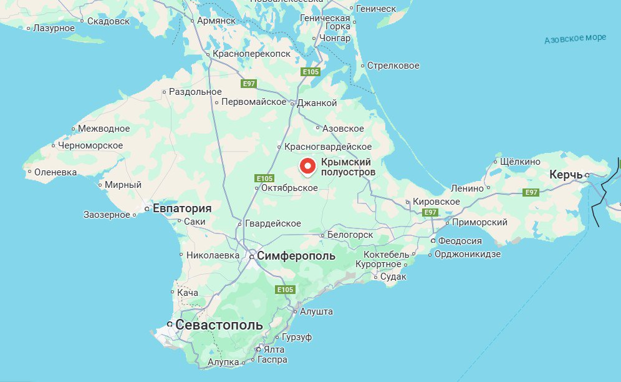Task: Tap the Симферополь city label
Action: [x=296, y=256]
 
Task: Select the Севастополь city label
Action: [x=219, y=325]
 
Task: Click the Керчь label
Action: [x=566, y=175]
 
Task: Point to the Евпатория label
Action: [x=182, y=208]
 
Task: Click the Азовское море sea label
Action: [x=575, y=39]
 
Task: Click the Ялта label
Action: [x=274, y=350]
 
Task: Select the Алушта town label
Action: [x=316, y=311]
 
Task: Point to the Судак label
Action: [x=393, y=277]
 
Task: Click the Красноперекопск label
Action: [x=251, y=54]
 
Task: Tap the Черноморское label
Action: [x=90, y=145]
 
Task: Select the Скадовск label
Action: [x=108, y=21]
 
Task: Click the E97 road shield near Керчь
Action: [x=531, y=192]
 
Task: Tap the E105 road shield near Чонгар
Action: [x=310, y=72]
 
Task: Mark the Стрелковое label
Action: [x=393, y=66]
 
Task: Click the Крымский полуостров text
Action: [x=349, y=167]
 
